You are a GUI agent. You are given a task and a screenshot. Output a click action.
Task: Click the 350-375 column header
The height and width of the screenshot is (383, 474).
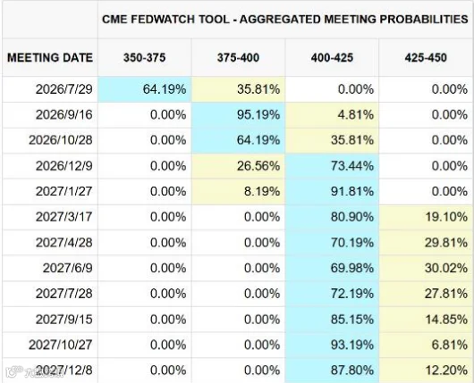[144, 58]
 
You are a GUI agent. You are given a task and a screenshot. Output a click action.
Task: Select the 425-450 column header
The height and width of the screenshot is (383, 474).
[426, 58]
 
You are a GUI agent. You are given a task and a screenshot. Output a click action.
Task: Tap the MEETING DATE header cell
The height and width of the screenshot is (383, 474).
[50, 58]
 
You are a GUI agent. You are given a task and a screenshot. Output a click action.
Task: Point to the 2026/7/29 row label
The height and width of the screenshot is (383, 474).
[64, 89]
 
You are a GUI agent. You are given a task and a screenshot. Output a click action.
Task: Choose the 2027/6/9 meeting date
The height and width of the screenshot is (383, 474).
[67, 268]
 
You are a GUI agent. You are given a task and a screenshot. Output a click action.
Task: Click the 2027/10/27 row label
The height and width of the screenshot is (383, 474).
[61, 345]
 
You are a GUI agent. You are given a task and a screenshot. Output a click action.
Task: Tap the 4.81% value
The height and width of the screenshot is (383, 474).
[356, 114]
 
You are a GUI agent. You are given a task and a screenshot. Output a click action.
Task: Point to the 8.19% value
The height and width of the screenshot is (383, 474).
[262, 191]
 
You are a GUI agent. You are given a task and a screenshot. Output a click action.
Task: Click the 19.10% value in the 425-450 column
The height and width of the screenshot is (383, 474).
[446, 217]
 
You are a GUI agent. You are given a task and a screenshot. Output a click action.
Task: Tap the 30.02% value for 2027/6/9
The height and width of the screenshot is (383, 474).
[446, 268]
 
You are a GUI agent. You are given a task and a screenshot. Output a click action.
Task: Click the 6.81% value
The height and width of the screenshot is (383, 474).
[450, 345]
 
